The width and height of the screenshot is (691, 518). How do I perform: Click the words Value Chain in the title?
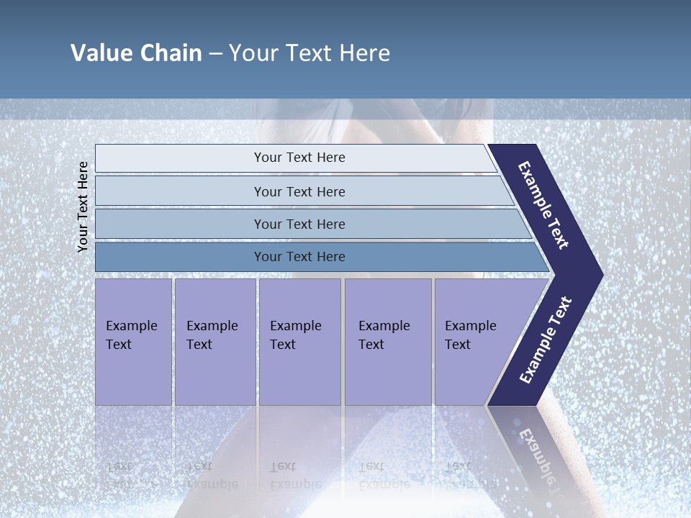[136, 53]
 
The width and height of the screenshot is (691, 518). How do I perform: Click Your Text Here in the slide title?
[310, 53]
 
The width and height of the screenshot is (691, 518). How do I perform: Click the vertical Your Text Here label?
[83, 206]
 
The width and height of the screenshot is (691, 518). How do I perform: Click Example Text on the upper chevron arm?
[543, 205]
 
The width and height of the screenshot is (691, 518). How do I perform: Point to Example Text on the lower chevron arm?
[545, 340]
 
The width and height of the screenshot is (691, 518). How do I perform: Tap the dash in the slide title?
[215, 54]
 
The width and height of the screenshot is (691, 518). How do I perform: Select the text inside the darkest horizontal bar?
[299, 257]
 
